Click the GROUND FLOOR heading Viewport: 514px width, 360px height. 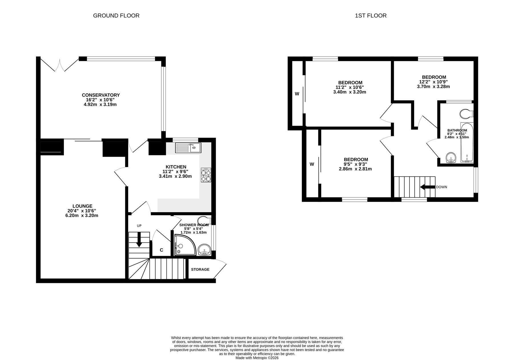[x=116, y=16]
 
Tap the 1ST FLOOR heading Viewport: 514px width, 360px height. [x=371, y=16]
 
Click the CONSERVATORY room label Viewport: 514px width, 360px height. [x=101, y=95]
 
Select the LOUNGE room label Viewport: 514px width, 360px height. [x=82, y=206]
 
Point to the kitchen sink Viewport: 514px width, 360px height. [x=188, y=147]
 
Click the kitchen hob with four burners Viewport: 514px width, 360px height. [x=206, y=175]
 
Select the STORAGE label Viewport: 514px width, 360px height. [x=200, y=270]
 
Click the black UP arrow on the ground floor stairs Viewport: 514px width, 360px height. [x=139, y=240]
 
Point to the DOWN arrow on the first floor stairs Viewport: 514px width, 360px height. [x=427, y=187]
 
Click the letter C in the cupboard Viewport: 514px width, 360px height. [x=161, y=250]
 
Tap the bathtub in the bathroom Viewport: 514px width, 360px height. [x=467, y=142]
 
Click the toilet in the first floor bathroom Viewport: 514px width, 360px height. [x=467, y=114]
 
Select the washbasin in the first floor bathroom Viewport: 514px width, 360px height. [x=451, y=157]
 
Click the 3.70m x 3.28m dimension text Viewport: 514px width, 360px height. [x=433, y=86]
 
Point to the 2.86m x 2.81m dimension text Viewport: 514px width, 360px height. [x=355, y=169]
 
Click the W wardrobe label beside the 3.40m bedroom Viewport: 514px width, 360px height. [x=297, y=94]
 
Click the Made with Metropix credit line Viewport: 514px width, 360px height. [x=257, y=358]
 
